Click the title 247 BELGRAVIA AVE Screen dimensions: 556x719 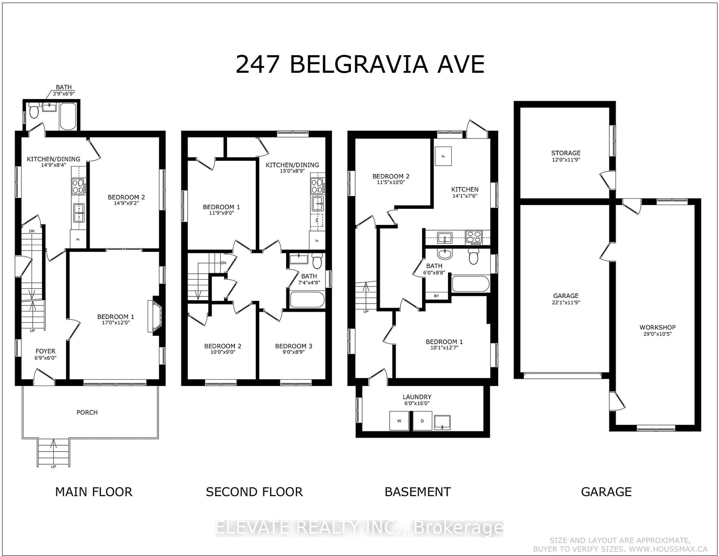[x=360, y=65]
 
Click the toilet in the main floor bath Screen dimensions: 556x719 [x=34, y=111]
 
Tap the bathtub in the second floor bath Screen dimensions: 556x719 [x=307, y=299]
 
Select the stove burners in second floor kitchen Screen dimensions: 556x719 [x=317, y=186]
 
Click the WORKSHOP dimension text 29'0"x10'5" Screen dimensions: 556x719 [x=657, y=334]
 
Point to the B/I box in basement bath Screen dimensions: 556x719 [x=436, y=296]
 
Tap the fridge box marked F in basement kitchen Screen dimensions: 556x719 [x=443, y=156]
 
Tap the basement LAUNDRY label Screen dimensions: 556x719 [x=417, y=397]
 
